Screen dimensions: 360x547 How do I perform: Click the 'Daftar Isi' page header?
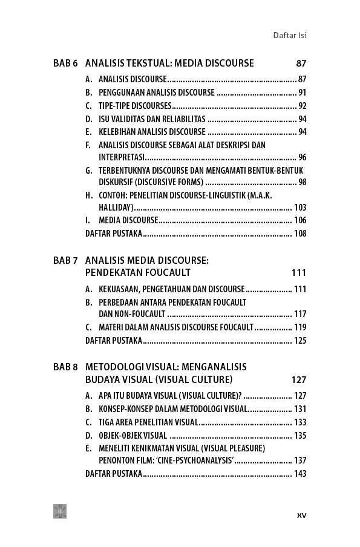(x=290, y=35)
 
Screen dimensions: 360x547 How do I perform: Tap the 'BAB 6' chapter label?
(x=65, y=63)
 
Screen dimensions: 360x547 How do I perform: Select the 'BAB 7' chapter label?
(x=65, y=261)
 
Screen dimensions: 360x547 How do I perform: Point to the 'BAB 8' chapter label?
(x=65, y=367)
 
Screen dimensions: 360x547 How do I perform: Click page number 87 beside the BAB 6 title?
(x=301, y=63)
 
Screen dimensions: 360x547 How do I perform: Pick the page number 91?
(x=302, y=93)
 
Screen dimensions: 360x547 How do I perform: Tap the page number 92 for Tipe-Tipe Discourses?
(x=302, y=106)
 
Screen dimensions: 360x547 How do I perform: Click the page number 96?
(x=302, y=157)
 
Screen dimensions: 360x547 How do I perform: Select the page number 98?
(x=302, y=182)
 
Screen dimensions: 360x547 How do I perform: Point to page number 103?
(x=300, y=208)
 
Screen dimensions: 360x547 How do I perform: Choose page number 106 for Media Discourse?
(x=300, y=220)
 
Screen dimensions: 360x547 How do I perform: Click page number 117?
(x=300, y=314)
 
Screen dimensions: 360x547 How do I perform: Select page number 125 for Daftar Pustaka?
(x=300, y=340)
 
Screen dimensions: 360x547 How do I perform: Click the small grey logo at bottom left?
(x=60, y=511)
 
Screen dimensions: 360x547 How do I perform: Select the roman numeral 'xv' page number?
(x=301, y=515)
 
